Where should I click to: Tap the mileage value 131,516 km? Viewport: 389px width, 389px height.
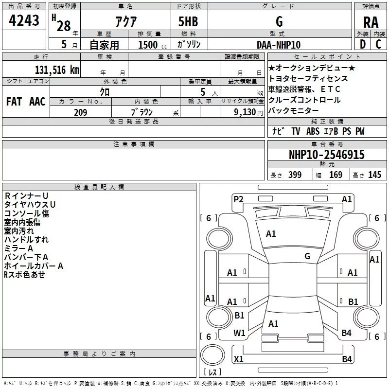click(x=56, y=70)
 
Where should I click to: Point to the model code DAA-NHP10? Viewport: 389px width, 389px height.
click(x=279, y=45)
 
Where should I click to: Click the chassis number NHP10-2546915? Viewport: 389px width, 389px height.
click(x=326, y=155)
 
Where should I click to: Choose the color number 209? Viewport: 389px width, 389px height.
click(x=80, y=112)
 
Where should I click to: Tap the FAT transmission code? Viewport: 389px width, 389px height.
click(x=14, y=102)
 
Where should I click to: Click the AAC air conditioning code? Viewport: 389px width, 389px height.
click(x=37, y=102)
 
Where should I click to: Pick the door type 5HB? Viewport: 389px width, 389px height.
click(x=188, y=22)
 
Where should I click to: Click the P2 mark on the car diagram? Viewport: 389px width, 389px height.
click(x=238, y=199)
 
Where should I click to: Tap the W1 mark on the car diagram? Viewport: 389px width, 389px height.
click(x=239, y=333)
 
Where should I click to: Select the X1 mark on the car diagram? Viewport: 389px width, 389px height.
click(x=238, y=359)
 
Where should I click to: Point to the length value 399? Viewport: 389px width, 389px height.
click(x=295, y=175)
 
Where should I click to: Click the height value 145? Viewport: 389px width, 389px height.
click(x=374, y=175)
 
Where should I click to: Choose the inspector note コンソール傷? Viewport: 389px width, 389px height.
click(x=26, y=213)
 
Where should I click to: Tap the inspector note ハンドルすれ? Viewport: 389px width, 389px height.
click(x=26, y=240)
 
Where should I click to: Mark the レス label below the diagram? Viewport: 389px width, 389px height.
click(x=212, y=372)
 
